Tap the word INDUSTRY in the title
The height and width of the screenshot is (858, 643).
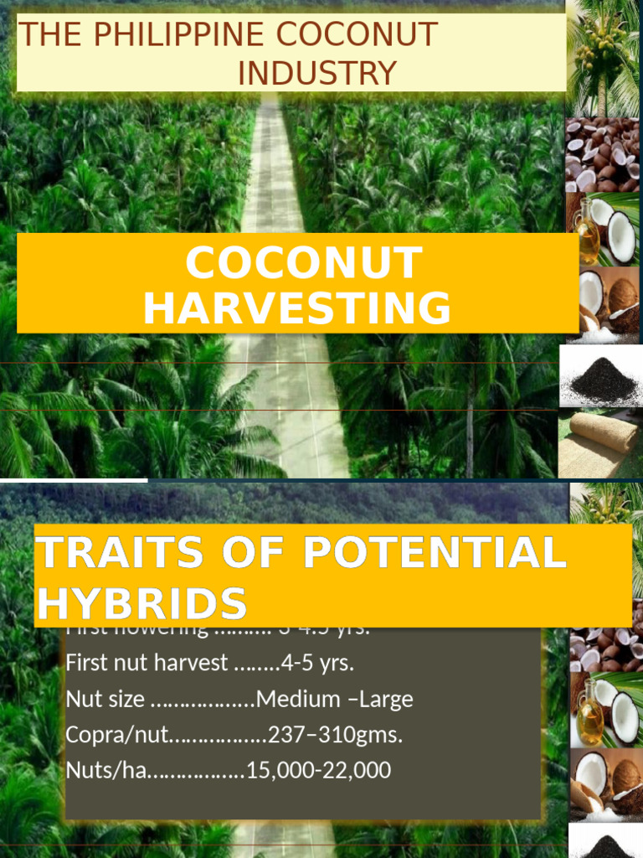click(316, 74)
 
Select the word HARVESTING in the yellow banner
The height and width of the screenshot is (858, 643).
click(297, 308)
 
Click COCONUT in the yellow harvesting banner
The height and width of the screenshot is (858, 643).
click(304, 263)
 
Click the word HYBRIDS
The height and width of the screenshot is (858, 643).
click(141, 603)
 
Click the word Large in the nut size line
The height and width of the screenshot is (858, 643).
click(385, 699)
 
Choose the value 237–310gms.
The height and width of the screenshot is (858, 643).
click(335, 735)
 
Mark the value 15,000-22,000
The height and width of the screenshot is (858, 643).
click(318, 770)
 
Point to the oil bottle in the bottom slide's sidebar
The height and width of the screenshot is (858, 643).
click(589, 714)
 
